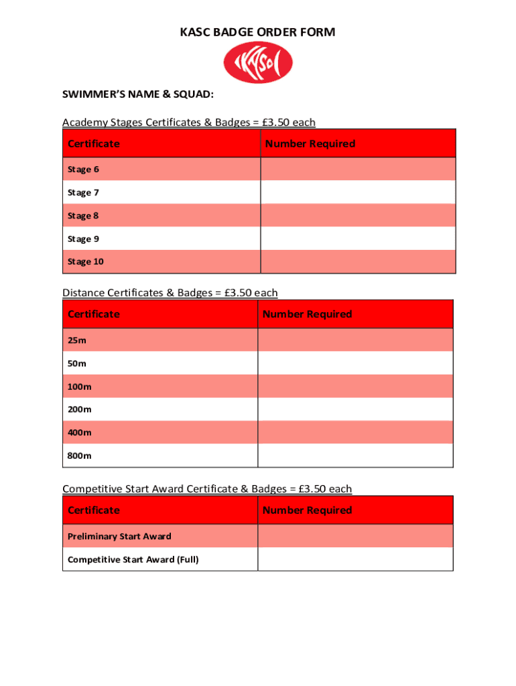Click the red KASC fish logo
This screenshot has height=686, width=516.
[257, 64]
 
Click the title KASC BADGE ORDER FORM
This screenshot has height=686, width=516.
[257, 32]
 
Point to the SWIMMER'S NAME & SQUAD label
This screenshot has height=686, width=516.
[138, 95]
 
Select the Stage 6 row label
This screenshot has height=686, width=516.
[79, 169]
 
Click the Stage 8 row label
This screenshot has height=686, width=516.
[79, 216]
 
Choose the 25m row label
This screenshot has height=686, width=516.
[77, 340]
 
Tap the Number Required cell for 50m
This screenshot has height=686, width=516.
[355, 363]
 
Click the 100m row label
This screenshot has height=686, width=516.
[80, 387]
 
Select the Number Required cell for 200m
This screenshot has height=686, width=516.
[355, 409]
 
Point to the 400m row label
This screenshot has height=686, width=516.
[80, 433]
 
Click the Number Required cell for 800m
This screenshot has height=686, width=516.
[355, 456]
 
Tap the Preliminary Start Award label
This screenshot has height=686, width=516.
[119, 537]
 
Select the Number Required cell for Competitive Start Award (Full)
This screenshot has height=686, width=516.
[355, 559]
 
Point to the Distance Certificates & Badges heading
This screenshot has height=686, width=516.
[170, 293]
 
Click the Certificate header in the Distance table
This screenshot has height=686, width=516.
[94, 314]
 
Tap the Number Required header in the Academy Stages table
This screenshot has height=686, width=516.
[310, 144]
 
